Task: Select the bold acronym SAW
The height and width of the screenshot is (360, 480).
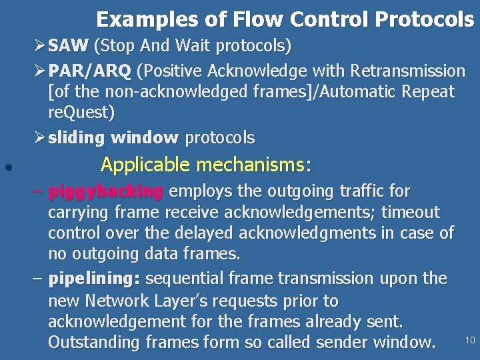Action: tap(69, 47)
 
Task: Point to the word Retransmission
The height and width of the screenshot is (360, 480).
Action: tap(408, 70)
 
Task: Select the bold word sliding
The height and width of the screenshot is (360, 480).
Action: tap(77, 138)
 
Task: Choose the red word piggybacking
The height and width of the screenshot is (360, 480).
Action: tap(105, 191)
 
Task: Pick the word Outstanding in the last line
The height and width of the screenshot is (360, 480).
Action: tap(95, 343)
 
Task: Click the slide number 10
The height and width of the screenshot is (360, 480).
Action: tap(469, 341)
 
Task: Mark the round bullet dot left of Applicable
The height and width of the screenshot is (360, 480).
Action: tap(6, 168)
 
